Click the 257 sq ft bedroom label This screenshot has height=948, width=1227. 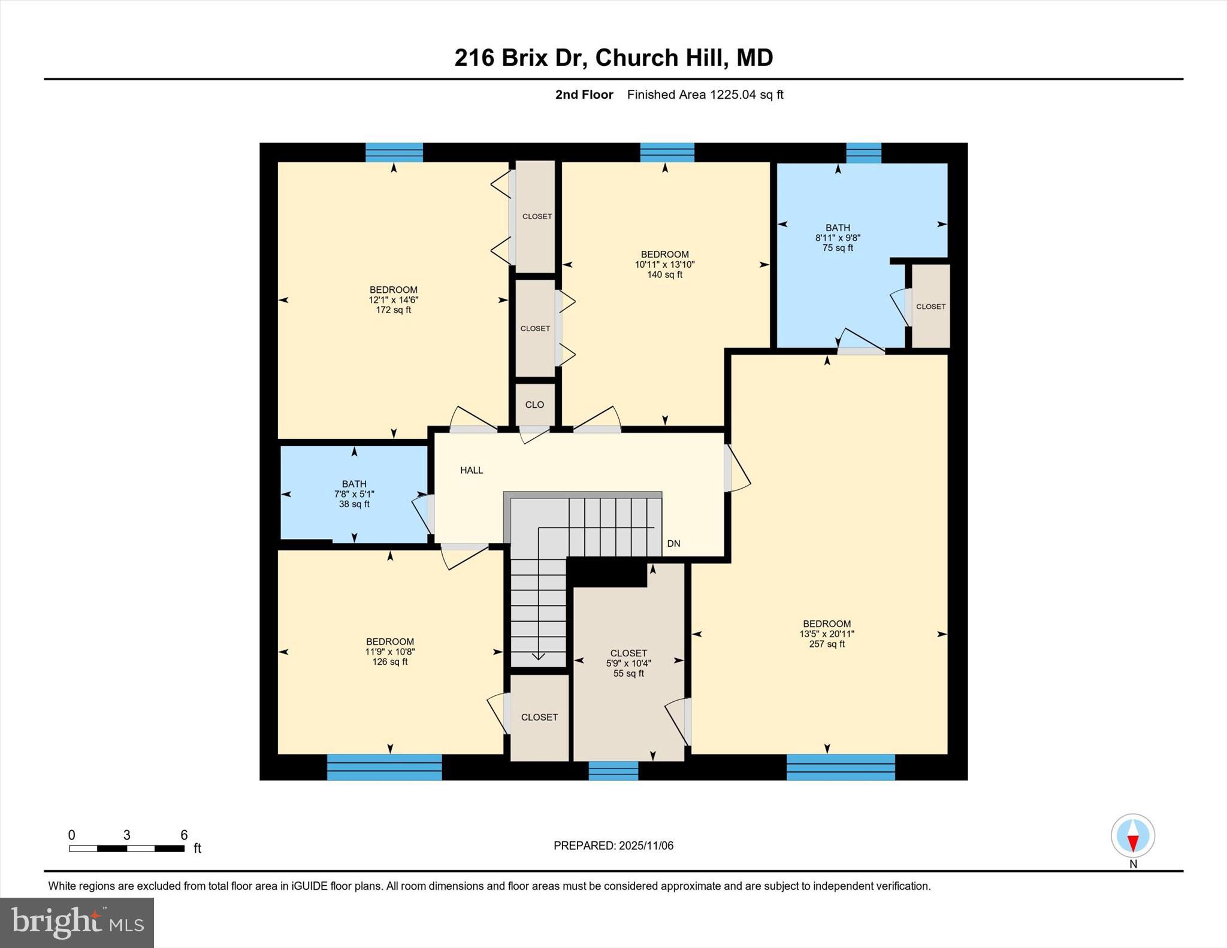827,634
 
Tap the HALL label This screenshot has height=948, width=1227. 472,470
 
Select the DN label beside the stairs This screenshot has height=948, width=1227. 673,544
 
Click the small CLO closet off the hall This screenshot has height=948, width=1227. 534,405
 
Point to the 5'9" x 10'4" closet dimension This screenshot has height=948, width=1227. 628,664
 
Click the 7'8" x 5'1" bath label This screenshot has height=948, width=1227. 354,494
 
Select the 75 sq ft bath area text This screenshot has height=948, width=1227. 838,248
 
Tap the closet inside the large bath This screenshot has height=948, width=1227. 930,307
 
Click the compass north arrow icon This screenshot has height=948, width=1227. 1132,835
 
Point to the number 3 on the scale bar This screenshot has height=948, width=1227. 126,835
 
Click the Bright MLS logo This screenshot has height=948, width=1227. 77,922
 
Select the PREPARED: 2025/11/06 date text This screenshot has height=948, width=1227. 613,846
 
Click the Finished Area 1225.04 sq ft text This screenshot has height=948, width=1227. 705,95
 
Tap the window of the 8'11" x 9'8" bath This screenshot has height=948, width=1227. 863,153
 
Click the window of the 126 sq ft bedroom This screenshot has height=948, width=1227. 384,767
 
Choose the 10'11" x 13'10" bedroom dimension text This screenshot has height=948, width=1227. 664,265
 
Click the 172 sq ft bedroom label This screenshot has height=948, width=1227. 393,300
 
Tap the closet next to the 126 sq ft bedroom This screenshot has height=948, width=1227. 539,717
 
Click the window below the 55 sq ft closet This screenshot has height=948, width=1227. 613,770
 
